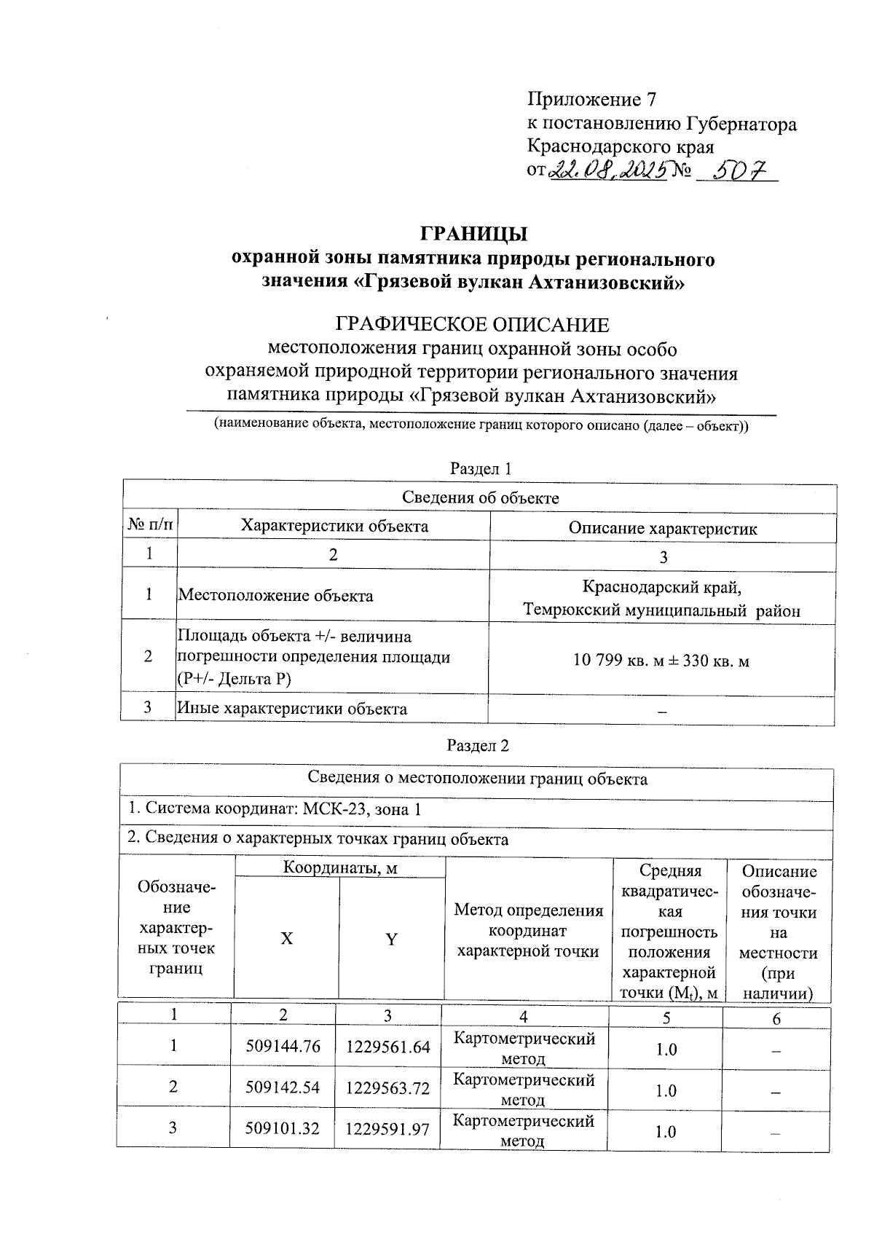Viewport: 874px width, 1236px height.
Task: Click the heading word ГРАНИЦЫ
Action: pos(473,235)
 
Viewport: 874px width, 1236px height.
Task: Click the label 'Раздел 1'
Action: pos(480,468)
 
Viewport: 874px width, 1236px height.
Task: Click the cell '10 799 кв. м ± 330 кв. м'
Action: pos(661,661)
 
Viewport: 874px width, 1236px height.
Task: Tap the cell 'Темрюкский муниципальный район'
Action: pos(661,610)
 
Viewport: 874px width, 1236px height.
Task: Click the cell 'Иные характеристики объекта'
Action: pos(292,709)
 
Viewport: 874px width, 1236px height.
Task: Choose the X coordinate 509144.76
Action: pos(283,1047)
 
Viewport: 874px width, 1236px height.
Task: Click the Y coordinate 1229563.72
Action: pos(387,1088)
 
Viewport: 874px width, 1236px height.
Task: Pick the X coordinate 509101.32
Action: pos(283,1129)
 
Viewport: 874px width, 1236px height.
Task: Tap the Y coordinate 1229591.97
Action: pos(387,1129)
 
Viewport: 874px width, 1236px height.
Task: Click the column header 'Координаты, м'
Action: pos(339,867)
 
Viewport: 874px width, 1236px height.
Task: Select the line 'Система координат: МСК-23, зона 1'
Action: pos(274,809)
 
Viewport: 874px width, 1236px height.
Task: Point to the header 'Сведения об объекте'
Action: pos(480,498)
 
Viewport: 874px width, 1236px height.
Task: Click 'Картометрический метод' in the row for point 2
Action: pos(524,1088)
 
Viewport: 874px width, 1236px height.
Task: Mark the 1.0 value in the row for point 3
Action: pos(665,1132)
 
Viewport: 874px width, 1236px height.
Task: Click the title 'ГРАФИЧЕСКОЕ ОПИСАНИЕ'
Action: pos(471,325)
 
